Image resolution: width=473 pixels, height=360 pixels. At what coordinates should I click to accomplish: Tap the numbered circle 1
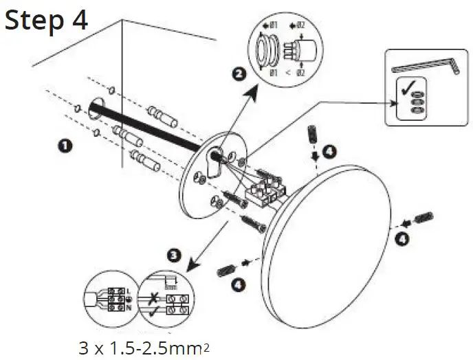pos(65,146)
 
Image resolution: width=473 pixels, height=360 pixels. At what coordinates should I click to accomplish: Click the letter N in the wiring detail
pos(129,308)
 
